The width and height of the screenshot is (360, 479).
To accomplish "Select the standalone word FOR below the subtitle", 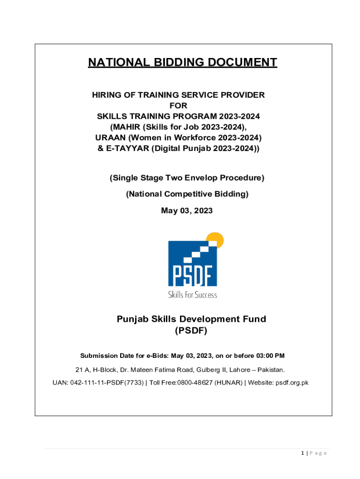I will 178,106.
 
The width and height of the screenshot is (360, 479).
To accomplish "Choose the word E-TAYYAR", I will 123,149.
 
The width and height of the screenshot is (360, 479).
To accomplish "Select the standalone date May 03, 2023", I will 187,211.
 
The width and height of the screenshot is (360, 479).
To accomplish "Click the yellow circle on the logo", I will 216,239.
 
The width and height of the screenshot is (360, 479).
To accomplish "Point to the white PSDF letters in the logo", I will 192,276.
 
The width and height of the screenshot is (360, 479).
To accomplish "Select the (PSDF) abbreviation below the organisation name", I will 191,331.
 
